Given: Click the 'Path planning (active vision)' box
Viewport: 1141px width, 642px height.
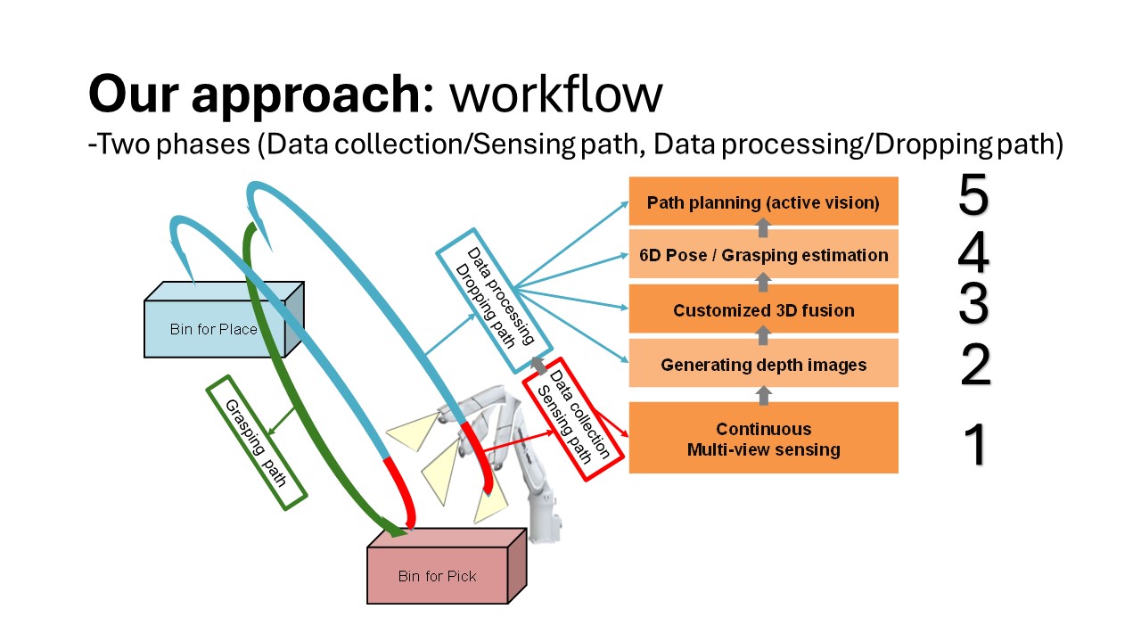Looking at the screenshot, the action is coord(764,202).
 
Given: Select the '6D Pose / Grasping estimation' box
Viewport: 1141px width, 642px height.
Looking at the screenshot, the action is coord(764,254).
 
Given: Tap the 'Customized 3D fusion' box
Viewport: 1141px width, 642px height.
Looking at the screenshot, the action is coord(764,309).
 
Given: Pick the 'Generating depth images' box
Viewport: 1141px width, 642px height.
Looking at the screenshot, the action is coord(764,363).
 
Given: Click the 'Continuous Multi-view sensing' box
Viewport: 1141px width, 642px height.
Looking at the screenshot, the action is coord(764,438).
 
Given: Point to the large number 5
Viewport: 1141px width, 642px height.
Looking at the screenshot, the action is coord(973,194).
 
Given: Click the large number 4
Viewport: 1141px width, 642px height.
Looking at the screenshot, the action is coord(973,252).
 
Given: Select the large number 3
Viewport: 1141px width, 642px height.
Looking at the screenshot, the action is coord(973,304).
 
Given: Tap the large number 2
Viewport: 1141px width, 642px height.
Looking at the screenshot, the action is coord(975,365).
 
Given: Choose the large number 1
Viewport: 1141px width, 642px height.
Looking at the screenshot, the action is coord(976,444).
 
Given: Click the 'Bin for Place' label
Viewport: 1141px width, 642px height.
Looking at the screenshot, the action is coord(213,329).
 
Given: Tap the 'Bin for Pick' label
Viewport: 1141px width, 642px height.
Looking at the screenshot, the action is coord(437,576).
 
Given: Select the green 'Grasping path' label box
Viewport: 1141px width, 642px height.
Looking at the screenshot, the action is coord(256,443).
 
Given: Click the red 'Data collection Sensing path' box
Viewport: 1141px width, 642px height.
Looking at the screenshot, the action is coord(573,419).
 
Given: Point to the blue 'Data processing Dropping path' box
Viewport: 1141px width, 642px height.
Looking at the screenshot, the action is coord(494,300).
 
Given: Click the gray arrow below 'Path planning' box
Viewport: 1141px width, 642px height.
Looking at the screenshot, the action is coord(763,227).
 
